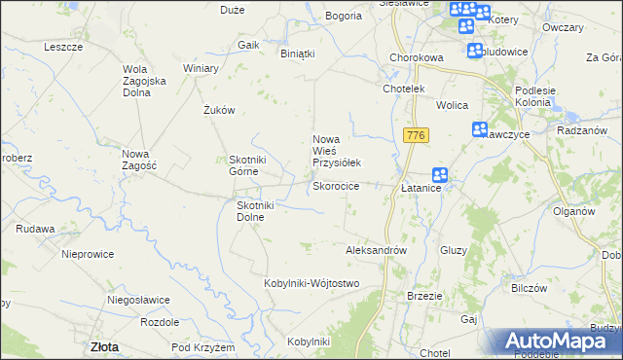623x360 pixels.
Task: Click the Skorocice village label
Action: click(336, 186)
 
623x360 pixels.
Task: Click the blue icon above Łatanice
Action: click(440, 175)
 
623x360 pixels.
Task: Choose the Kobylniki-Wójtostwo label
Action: click(311, 283)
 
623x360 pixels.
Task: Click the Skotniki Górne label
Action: click(254, 166)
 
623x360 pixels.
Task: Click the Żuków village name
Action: click(220, 111)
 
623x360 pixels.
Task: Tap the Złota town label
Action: click(104, 345)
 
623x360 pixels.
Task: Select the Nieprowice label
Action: click(88, 254)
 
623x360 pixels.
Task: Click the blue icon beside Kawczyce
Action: click(480, 129)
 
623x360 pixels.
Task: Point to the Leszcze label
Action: click(63, 47)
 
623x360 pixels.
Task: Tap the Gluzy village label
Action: click(454, 250)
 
